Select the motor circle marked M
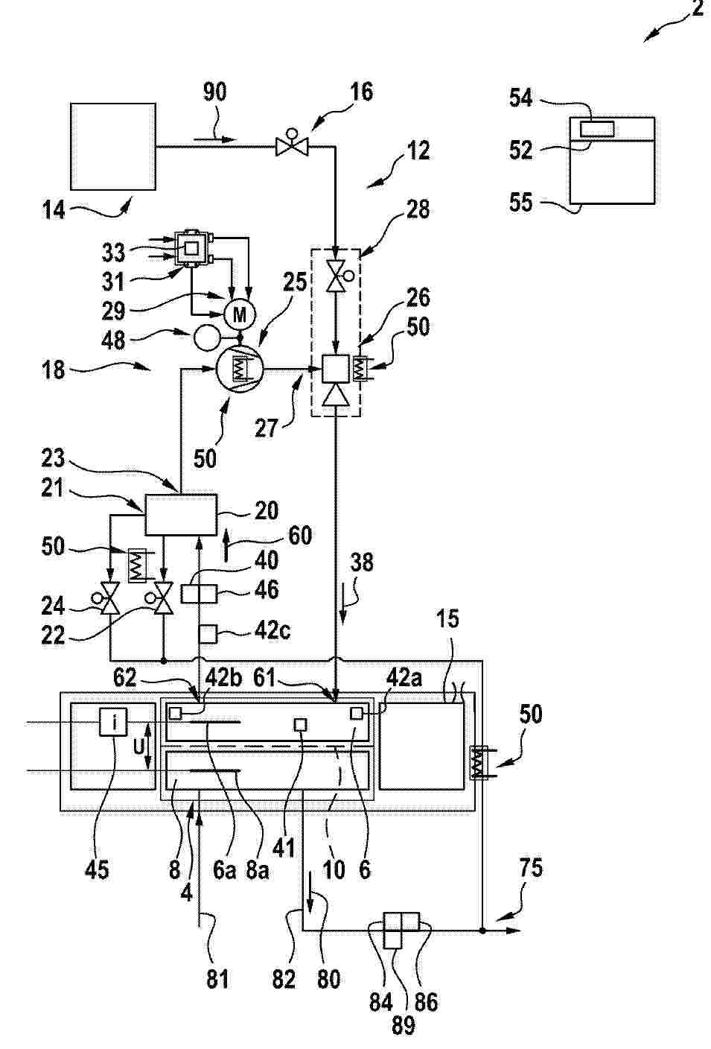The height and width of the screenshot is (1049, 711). (239, 314)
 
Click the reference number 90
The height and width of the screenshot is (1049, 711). (215, 92)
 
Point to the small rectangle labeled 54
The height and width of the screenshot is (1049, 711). (597, 129)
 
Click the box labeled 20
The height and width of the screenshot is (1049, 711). (181, 515)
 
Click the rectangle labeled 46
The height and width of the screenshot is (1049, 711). (199, 594)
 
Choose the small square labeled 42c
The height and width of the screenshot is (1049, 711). (208, 634)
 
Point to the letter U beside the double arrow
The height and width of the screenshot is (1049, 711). (138, 747)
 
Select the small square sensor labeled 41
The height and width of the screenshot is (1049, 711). (300, 725)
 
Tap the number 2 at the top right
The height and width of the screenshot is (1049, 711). (698, 8)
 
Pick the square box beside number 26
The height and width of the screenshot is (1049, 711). (336, 369)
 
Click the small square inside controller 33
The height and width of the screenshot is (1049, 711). (191, 249)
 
